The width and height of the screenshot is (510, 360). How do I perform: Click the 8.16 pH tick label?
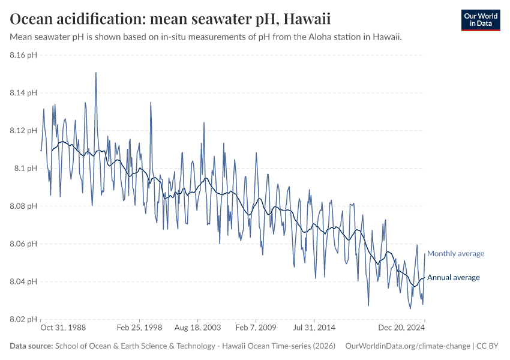(23, 55)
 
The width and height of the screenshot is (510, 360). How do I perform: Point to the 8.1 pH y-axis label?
(26, 169)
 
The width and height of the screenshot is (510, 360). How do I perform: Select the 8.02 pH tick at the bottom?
(23, 319)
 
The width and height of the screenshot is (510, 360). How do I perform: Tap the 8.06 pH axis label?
(23, 244)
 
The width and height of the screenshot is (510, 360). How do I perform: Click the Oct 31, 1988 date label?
(63, 328)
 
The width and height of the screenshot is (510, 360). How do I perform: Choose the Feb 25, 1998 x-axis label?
(139, 328)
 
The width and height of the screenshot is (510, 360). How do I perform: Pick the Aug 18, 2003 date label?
(197, 328)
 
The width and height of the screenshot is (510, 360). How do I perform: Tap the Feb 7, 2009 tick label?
(256, 328)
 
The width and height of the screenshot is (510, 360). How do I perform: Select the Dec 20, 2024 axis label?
(402, 328)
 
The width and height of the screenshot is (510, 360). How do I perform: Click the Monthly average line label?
(455, 254)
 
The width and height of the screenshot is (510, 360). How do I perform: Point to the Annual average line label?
(453, 277)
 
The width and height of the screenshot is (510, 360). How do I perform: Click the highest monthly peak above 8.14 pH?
(95, 73)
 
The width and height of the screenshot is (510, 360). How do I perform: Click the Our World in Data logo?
(480, 20)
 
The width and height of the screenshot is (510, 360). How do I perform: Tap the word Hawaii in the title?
(306, 19)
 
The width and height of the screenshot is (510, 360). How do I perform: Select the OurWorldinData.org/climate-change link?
(408, 346)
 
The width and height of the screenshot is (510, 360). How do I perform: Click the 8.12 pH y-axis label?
(23, 131)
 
